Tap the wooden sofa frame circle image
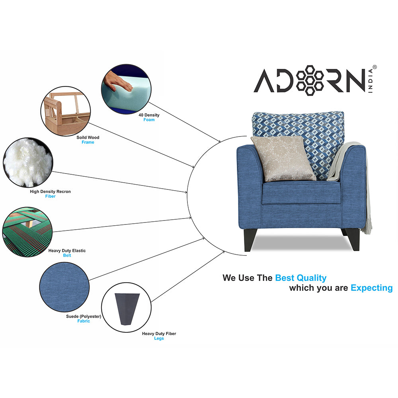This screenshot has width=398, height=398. (x=65, y=112)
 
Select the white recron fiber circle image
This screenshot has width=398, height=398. (x=27, y=162)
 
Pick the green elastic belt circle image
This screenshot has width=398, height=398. (x=27, y=232)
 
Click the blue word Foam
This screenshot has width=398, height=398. (x=149, y=120)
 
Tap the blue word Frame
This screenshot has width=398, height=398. (x=88, y=142)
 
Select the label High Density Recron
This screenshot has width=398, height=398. (x=51, y=191)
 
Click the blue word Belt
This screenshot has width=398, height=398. (x=67, y=256)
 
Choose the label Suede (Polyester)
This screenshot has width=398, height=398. (x=84, y=316)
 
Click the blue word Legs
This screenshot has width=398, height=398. (x=159, y=338)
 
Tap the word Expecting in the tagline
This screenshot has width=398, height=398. (x=371, y=288)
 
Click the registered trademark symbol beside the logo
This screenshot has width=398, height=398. (x=374, y=68)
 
